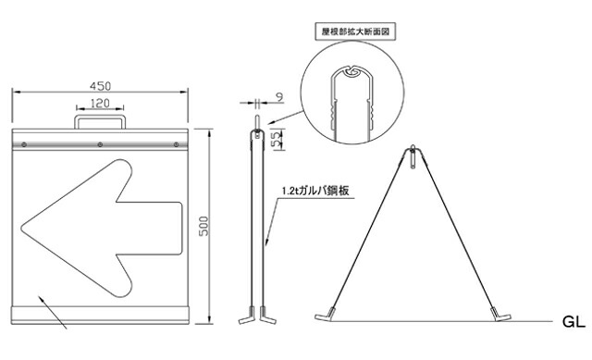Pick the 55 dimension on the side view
(277, 141)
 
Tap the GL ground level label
(573, 324)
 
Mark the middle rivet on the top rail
(100, 144)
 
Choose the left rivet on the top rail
(27, 144)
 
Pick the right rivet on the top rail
(172, 144)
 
